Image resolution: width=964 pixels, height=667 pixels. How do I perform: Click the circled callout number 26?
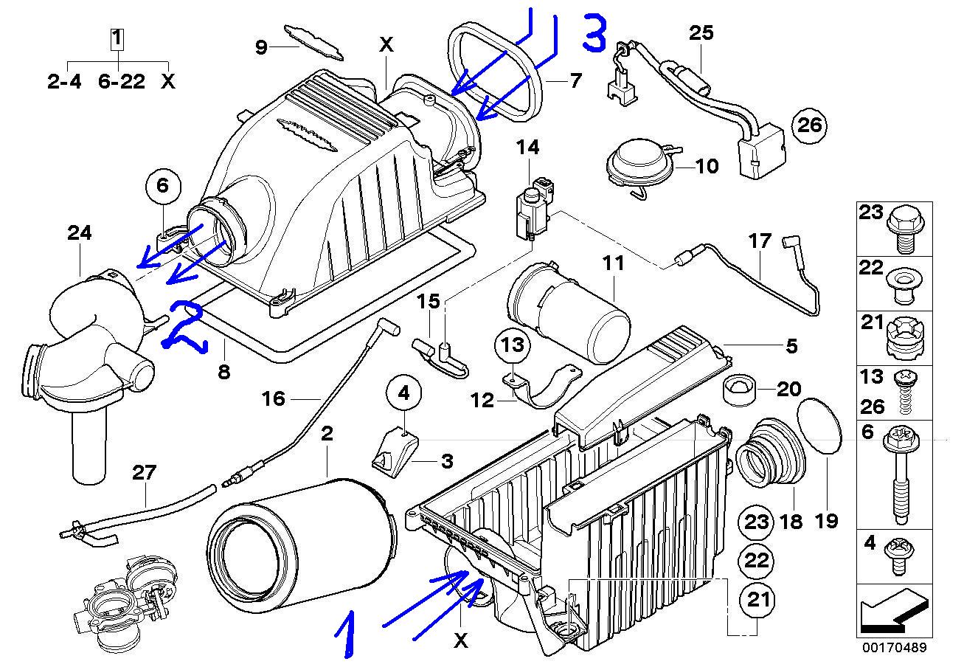[809, 125]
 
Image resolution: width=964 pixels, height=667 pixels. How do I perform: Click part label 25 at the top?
[701, 32]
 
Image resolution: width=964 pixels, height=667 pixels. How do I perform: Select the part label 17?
[760, 241]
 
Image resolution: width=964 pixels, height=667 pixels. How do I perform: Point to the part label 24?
[80, 233]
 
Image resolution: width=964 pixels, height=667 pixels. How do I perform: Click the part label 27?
[145, 472]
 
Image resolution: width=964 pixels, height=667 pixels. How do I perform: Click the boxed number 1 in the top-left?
[117, 35]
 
